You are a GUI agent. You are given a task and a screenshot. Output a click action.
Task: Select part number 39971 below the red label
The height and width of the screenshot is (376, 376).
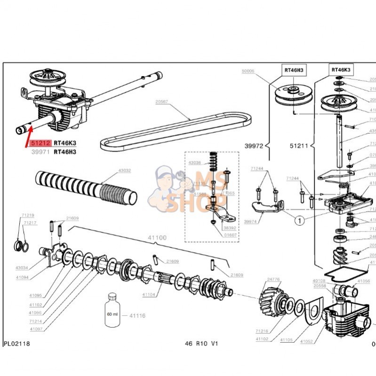[39, 152]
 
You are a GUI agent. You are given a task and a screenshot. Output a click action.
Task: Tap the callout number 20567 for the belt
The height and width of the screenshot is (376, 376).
[162, 101]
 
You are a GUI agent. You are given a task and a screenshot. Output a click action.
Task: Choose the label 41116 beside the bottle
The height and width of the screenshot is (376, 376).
[137, 315]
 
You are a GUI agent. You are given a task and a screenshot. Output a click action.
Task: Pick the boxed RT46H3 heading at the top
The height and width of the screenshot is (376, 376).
[294, 70]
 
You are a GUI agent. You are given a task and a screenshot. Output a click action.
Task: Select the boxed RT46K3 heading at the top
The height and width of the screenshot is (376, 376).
[341, 69]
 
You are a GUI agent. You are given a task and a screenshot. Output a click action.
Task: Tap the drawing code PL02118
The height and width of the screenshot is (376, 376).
[16, 344]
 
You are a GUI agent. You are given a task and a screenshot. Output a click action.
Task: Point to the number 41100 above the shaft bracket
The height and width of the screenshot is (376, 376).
[157, 238]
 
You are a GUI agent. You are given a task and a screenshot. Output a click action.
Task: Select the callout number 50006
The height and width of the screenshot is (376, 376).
[248, 71]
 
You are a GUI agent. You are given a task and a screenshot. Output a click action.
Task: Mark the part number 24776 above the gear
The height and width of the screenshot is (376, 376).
[273, 280]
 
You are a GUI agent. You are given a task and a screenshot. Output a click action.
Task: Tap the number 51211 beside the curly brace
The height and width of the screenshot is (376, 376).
[299, 146]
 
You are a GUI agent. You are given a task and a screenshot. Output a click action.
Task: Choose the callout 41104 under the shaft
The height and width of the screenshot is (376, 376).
[149, 295]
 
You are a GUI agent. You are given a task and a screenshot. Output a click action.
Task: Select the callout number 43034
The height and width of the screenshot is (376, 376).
[22, 268]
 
